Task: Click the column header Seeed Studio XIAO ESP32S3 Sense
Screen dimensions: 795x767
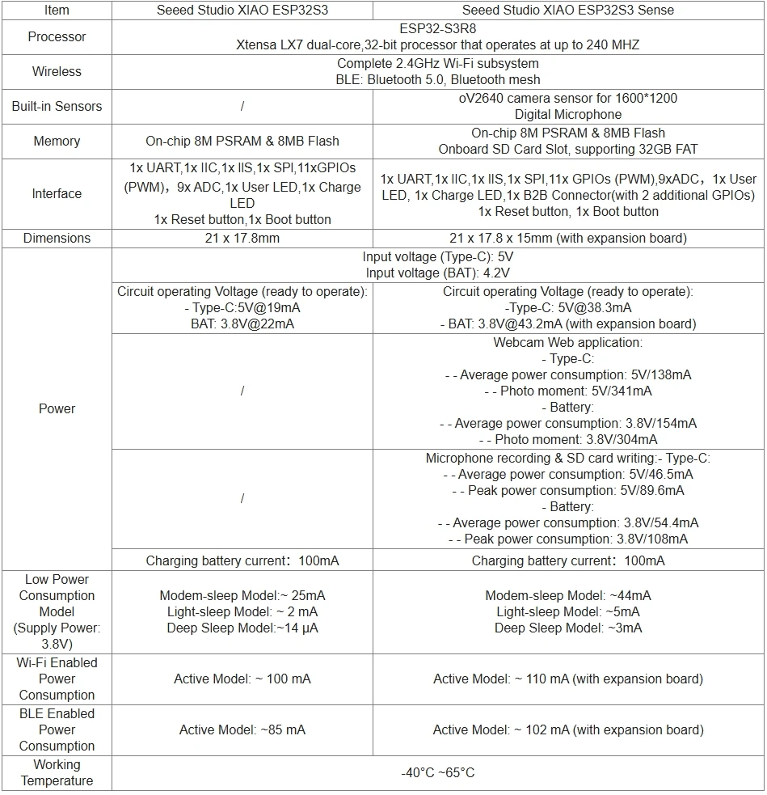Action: pyautogui.click(x=568, y=11)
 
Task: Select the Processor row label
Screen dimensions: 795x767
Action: pyautogui.click(x=57, y=36)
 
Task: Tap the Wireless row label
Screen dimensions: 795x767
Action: pyautogui.click(x=57, y=71)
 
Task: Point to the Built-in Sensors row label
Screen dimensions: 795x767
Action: pyautogui.click(x=57, y=106)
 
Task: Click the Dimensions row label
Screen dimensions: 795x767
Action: pyautogui.click(x=57, y=238)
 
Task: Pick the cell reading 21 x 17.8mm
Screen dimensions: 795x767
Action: pyautogui.click(x=242, y=238)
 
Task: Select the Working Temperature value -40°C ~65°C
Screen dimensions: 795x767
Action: pyautogui.click(x=438, y=772)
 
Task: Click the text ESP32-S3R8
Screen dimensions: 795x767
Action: pyautogui.click(x=438, y=28)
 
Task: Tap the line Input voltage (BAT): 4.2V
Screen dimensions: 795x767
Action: pyautogui.click(x=438, y=273)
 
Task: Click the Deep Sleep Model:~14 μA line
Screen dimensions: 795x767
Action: pyautogui.click(x=242, y=628)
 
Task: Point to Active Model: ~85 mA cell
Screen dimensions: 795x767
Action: pyautogui.click(x=242, y=729)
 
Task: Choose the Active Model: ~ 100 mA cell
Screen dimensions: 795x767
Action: pyautogui.click(x=242, y=679)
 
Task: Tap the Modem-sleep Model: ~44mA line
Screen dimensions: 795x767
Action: pyautogui.click(x=568, y=595)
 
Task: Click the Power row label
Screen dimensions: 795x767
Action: pyautogui.click(x=57, y=408)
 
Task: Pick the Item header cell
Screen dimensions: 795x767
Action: pyautogui.click(x=57, y=11)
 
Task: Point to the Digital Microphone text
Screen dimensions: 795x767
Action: pyautogui.click(x=568, y=114)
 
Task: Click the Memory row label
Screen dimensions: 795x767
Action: pyautogui.click(x=57, y=141)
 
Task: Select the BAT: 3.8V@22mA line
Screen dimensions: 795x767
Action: pyautogui.click(x=242, y=323)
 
